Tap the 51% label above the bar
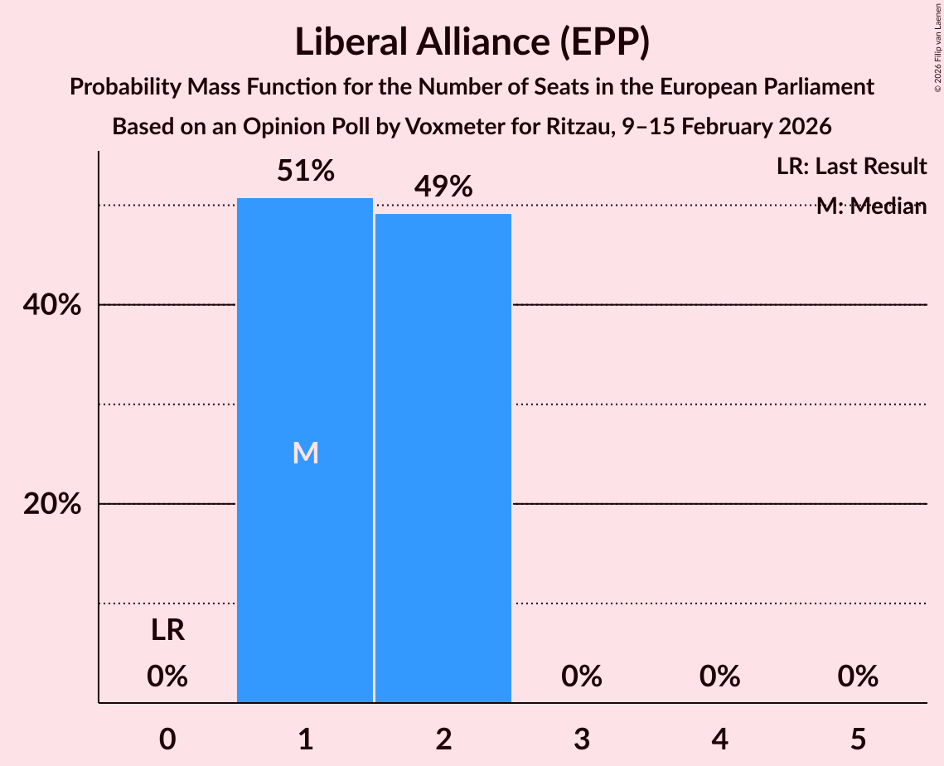click(x=305, y=172)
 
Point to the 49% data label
click(x=443, y=187)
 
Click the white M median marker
click(x=305, y=453)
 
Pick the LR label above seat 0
click(x=167, y=632)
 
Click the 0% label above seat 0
click(x=167, y=677)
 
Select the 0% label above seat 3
click(x=581, y=677)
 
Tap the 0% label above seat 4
click(x=719, y=677)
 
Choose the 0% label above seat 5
click(x=857, y=677)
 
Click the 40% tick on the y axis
click(x=51, y=306)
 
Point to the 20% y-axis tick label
click(x=51, y=505)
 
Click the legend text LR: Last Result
click(x=851, y=167)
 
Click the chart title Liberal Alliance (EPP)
click(x=472, y=42)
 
